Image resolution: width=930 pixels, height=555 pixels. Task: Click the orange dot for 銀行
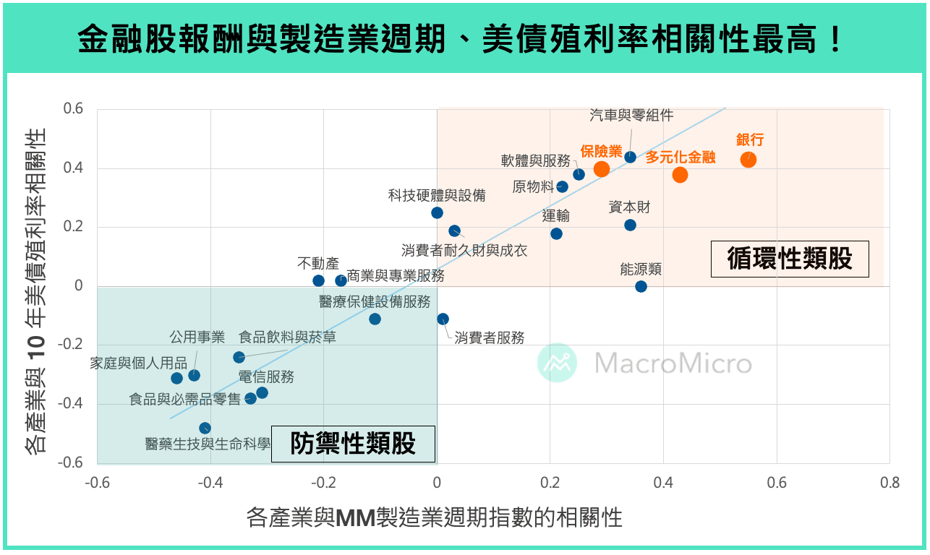click(x=748, y=160)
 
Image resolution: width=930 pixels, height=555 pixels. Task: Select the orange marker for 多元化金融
click(x=680, y=175)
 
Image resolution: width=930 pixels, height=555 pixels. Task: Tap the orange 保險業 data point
click(x=602, y=169)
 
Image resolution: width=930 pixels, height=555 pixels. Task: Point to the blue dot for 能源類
click(x=641, y=286)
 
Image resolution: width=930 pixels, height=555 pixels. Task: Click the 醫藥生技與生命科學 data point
click(x=205, y=428)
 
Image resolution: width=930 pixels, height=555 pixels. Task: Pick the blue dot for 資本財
click(x=630, y=225)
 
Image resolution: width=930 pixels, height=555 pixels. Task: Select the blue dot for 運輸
click(x=556, y=233)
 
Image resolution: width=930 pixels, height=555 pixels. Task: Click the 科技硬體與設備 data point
click(x=437, y=212)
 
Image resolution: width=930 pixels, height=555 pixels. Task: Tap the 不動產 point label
click(x=318, y=264)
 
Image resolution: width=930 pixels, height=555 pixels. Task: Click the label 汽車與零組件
click(x=631, y=115)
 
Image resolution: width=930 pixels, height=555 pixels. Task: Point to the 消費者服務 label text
click(x=490, y=337)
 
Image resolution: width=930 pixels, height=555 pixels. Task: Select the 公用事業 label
click(x=197, y=337)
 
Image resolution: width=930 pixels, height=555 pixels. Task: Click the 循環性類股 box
click(x=790, y=259)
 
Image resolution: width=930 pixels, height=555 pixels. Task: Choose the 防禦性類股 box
click(x=354, y=444)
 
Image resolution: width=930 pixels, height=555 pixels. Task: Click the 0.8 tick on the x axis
click(x=890, y=483)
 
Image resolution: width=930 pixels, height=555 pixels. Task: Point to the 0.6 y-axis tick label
click(x=74, y=109)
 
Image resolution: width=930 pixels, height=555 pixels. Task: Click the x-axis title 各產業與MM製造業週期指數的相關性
click(x=435, y=517)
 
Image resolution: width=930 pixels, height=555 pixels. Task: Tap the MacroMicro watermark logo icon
click(x=557, y=363)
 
